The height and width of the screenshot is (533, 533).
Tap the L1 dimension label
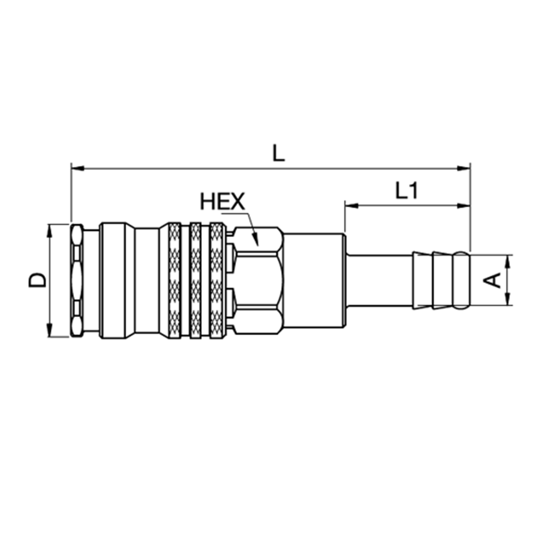pyautogui.click(x=406, y=191)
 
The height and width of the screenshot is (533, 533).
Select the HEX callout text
pyautogui.click(x=222, y=202)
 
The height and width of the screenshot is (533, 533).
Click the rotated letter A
pyautogui.click(x=495, y=280)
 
